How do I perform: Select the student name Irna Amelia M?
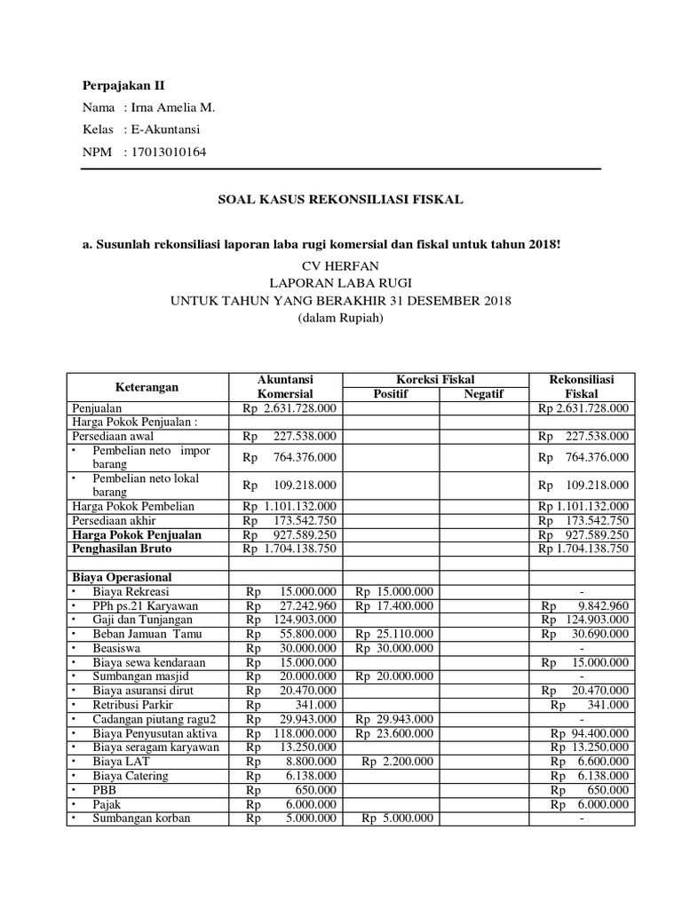pyautogui.click(x=173, y=107)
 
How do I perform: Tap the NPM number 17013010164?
pyautogui.click(x=169, y=152)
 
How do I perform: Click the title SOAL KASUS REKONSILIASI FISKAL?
pyautogui.click(x=341, y=200)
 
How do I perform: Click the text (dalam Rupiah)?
pyautogui.click(x=341, y=317)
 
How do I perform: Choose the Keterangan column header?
pyautogui.click(x=147, y=387)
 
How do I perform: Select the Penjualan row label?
pyautogui.click(x=97, y=408)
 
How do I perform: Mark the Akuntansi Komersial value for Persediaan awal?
pyautogui.click(x=289, y=436)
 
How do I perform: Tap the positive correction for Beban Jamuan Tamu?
pyautogui.click(x=393, y=634)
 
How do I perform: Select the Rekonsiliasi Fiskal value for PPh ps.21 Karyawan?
pyautogui.click(x=585, y=605)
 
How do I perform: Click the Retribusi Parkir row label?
pyautogui.click(x=131, y=705)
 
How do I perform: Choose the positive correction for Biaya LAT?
pyautogui.click(x=397, y=762)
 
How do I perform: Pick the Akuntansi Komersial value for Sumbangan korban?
pyautogui.click(x=289, y=818)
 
